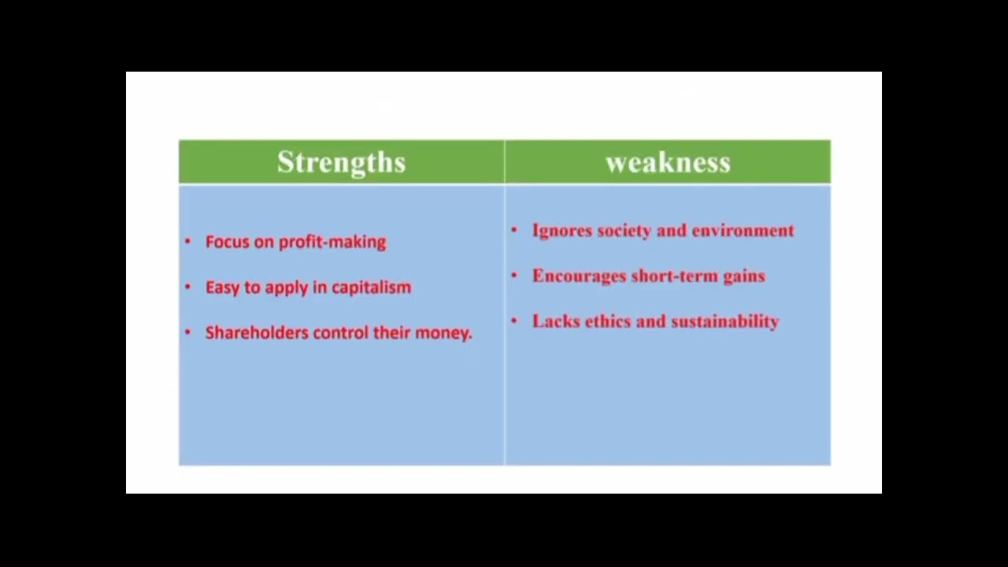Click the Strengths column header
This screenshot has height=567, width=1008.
click(341, 162)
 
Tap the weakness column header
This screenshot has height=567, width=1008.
click(668, 162)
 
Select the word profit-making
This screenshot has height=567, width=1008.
click(333, 242)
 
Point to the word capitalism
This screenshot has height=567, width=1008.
click(371, 287)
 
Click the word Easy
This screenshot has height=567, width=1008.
click(222, 287)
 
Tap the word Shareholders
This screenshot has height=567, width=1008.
click(257, 332)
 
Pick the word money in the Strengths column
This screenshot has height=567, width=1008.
click(442, 332)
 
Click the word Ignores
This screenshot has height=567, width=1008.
click(561, 231)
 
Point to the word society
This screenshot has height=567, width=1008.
click(623, 231)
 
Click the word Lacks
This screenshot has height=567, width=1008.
click(555, 321)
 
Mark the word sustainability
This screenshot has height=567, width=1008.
click(724, 321)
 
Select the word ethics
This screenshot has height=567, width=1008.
click(608, 321)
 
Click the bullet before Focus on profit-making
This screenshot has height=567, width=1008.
click(187, 242)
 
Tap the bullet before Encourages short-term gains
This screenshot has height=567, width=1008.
click(514, 276)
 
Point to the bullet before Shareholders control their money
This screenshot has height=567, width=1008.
click(187, 332)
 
